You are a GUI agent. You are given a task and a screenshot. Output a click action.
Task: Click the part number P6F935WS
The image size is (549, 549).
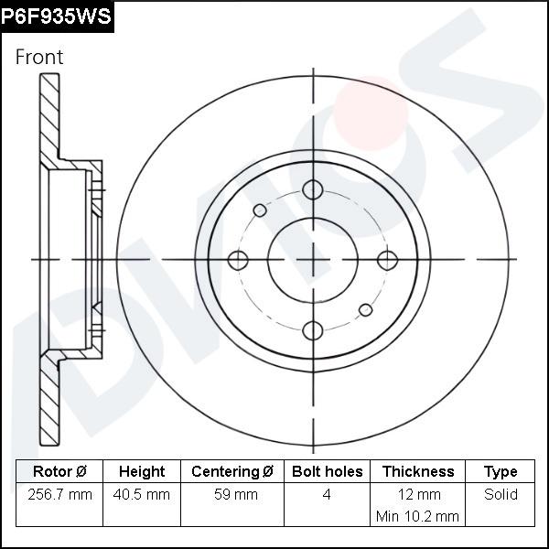(57, 16)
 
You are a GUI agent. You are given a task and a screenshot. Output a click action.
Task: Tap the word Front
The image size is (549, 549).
(39, 57)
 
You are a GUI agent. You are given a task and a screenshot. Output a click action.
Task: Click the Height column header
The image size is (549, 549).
(142, 472)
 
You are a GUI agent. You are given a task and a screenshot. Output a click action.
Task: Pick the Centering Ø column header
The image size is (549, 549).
(232, 472)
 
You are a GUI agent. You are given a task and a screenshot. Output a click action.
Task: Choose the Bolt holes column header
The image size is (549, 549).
(327, 472)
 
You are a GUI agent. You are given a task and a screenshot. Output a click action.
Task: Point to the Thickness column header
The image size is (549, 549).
(418, 472)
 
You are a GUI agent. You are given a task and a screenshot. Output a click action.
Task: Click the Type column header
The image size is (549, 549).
(501, 472)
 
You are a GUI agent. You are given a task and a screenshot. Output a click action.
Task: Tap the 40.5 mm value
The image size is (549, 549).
(144, 495)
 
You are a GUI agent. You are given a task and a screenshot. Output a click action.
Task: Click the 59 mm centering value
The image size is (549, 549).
(233, 495)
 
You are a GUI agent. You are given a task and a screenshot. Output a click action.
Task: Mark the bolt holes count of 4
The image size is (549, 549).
(327, 495)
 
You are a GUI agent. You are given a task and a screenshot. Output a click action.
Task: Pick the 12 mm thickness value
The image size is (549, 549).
(418, 495)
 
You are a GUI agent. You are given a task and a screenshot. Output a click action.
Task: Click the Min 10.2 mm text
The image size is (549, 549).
(417, 517)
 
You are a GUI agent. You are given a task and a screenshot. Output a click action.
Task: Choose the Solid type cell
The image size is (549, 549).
(501, 495)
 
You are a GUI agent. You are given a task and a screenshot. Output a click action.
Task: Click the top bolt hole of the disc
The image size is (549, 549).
(313, 189)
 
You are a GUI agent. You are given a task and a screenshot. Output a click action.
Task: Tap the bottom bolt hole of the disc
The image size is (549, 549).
(313, 330)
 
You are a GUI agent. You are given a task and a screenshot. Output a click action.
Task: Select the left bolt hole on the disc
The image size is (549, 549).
(239, 260)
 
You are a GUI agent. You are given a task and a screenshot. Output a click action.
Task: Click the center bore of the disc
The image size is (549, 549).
(313, 260)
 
